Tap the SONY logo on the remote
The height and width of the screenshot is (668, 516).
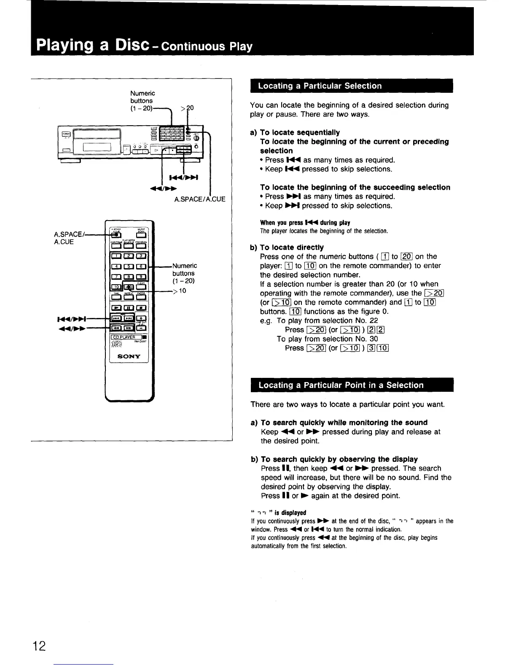[x=129, y=356]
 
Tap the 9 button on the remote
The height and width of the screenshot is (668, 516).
[x=142, y=277]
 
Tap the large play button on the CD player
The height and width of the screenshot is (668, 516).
[x=156, y=150]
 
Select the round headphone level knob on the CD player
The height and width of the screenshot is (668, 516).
[x=196, y=138]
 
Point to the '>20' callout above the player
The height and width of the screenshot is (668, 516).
[x=187, y=108]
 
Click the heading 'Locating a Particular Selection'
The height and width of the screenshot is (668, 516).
[x=320, y=86]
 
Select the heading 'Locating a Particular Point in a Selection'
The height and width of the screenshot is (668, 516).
[x=341, y=385]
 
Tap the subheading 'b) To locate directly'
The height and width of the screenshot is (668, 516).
[x=287, y=247]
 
